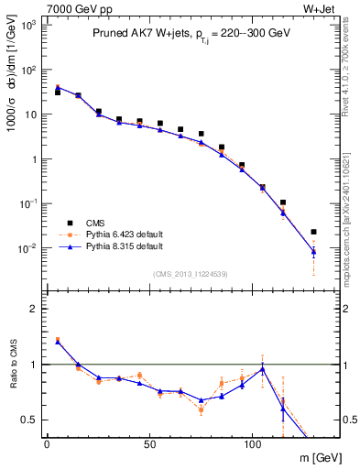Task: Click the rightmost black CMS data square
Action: click(x=313, y=232)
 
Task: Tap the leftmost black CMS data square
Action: click(x=57, y=93)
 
